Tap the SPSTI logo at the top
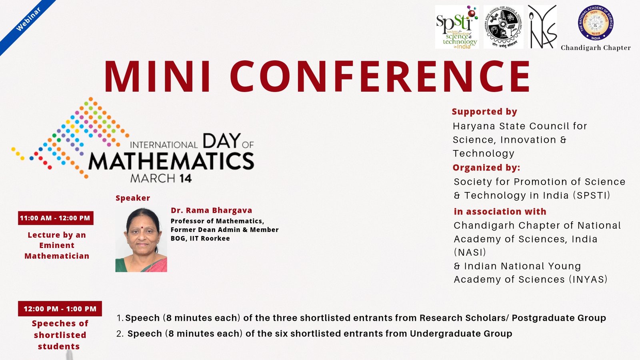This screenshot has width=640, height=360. [x=457, y=27]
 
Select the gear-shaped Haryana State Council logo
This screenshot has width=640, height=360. [x=503, y=27]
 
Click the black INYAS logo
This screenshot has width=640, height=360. [x=542, y=27]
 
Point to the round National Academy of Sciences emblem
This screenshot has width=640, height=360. [x=596, y=23]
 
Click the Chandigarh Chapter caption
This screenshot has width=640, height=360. [x=596, y=48]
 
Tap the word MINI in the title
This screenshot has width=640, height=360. [x=158, y=77]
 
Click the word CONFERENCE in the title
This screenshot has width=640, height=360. [x=380, y=77]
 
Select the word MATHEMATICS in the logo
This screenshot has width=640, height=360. [x=171, y=161]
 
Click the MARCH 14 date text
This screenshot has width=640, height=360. [x=161, y=178]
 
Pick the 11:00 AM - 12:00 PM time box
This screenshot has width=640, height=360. [x=55, y=218]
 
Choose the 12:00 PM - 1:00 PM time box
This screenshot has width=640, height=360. [x=60, y=309]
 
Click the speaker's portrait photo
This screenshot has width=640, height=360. [x=141, y=240]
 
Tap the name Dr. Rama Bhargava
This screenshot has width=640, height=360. [x=211, y=210]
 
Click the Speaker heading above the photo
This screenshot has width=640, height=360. [x=133, y=198]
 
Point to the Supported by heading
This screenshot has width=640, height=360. [x=484, y=112]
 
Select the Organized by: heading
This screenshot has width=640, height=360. [x=486, y=168]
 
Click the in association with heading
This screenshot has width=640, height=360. [x=500, y=212]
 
